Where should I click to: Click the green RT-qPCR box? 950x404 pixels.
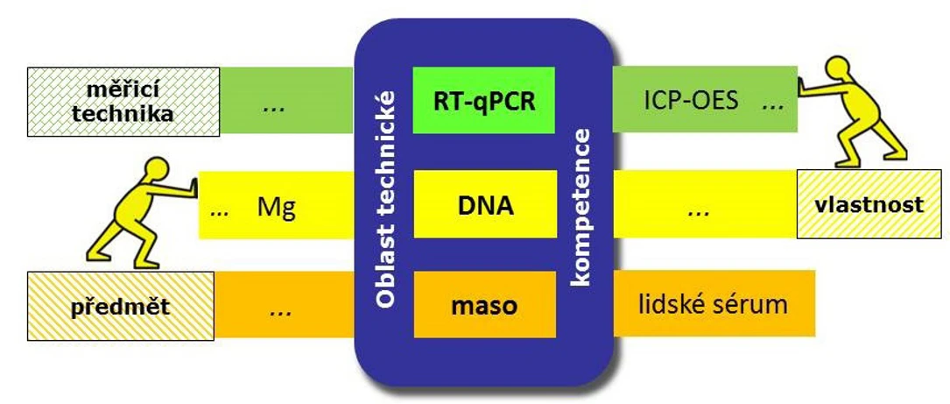[x=484, y=102]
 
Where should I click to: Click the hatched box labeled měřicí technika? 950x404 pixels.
[x=123, y=102]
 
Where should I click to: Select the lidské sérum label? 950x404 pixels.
[x=710, y=304]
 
